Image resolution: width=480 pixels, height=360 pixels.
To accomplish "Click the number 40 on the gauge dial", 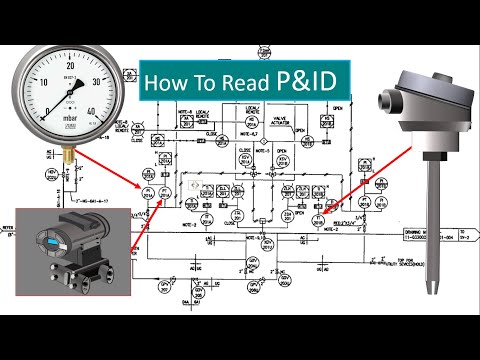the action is [x=93, y=110].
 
